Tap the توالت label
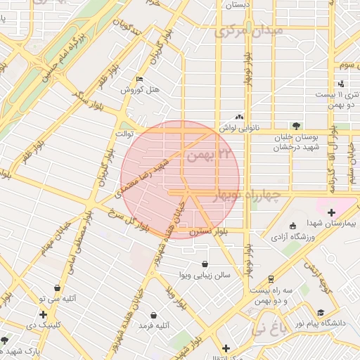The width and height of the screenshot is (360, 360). [x=124, y=132]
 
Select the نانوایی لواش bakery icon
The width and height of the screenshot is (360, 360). [x=240, y=117]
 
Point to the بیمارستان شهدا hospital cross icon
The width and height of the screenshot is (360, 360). [x=331, y=212]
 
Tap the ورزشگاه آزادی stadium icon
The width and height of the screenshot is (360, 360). [x=292, y=226]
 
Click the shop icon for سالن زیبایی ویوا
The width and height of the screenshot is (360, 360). [x=204, y=264]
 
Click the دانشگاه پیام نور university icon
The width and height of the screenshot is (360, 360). [x=321, y=312]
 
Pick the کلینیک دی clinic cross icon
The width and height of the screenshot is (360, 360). [x=44, y=314]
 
